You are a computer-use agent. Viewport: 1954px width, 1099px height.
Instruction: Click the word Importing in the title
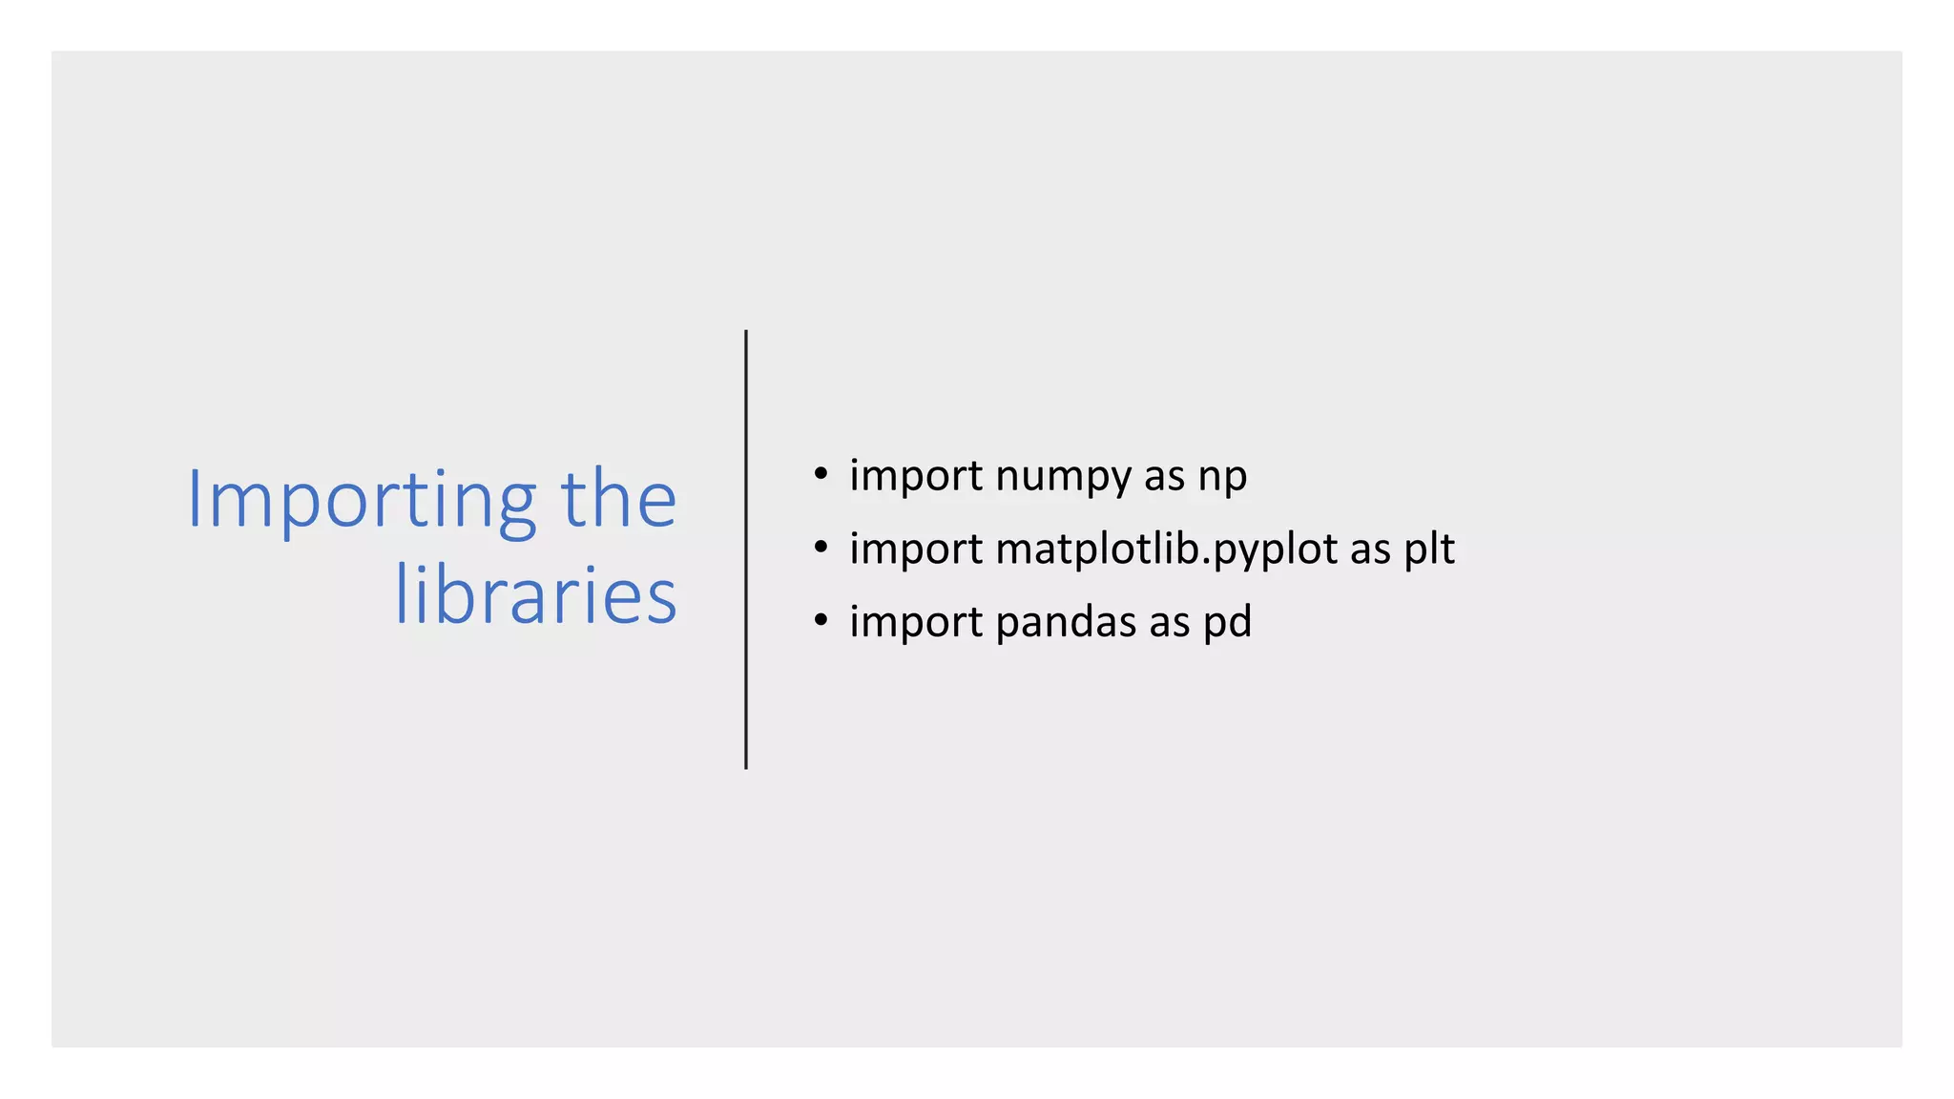point(362,500)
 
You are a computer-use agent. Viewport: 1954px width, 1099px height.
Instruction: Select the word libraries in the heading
point(535,595)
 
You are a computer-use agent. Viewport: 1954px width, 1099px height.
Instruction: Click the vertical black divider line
point(746,549)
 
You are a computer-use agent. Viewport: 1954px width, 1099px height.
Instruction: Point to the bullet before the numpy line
point(821,474)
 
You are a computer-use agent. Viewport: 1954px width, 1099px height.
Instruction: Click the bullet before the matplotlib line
point(821,548)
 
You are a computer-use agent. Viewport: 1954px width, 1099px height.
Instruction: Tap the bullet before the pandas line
point(821,621)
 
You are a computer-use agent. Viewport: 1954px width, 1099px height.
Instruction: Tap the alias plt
point(1428,549)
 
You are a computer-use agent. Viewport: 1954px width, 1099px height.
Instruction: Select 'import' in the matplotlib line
point(915,549)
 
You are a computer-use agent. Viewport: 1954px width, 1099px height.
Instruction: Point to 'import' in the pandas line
point(915,622)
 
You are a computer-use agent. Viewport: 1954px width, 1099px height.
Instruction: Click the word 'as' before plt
point(1370,549)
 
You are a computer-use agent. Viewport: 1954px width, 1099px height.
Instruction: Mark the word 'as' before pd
point(1169,622)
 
